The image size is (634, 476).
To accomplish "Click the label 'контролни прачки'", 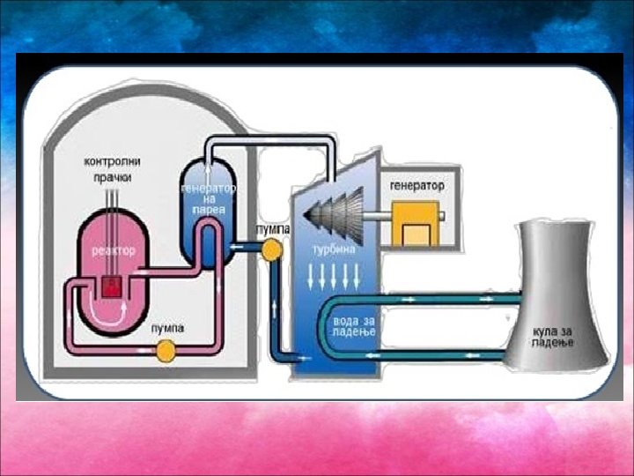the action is point(113,169).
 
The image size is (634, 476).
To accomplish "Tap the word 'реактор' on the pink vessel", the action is point(114,252).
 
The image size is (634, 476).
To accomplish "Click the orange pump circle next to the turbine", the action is point(272,250).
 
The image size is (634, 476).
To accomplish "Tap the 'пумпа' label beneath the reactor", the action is point(166,329).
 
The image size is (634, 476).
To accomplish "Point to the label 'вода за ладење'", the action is point(355,325).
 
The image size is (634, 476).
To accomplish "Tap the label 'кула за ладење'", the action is point(557,336).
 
